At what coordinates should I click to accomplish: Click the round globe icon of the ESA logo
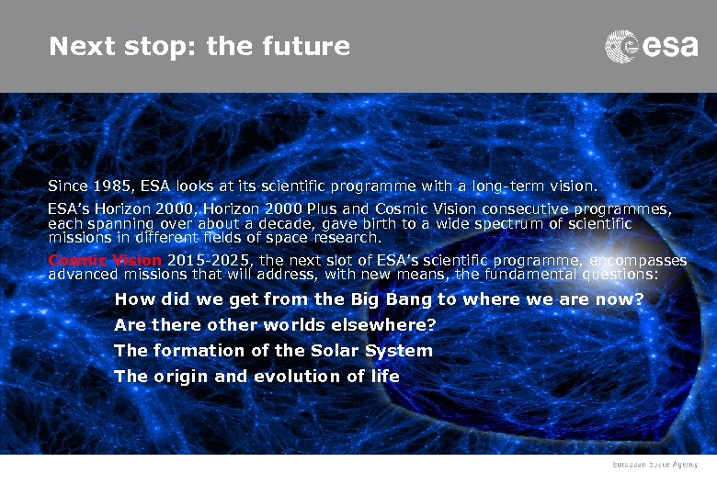(x=621, y=46)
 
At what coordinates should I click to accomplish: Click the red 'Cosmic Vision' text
(x=104, y=261)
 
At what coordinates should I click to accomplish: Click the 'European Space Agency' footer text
(x=656, y=466)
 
